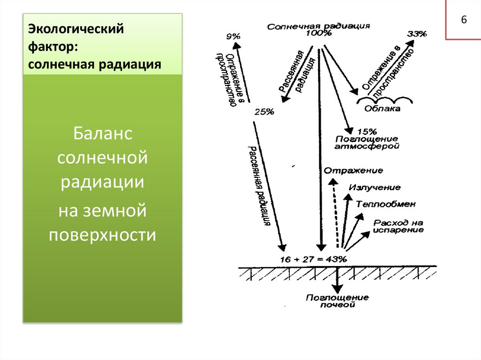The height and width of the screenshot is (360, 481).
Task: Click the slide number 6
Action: (x=464, y=20)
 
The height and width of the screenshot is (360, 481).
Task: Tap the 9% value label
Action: (x=233, y=37)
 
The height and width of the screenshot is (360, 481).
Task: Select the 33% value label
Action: (x=417, y=34)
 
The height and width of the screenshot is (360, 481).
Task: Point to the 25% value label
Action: (x=264, y=112)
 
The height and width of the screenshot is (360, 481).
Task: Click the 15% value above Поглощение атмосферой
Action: (x=367, y=132)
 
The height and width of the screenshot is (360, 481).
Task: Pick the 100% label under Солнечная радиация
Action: (x=319, y=33)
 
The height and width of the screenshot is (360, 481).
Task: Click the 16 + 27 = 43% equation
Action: (x=313, y=259)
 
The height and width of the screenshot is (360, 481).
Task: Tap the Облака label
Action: (x=382, y=108)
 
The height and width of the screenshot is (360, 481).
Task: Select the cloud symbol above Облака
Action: (x=385, y=99)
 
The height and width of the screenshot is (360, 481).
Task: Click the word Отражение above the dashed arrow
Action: (x=353, y=170)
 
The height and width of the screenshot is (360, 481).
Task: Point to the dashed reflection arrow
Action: (x=335, y=213)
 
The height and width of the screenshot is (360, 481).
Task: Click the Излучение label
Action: (x=374, y=187)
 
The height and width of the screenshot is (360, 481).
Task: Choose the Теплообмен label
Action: (x=386, y=204)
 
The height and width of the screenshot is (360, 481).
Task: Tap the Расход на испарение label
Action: (x=398, y=226)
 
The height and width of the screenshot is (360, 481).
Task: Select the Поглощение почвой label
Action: (x=337, y=301)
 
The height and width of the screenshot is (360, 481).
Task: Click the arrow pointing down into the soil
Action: (x=337, y=280)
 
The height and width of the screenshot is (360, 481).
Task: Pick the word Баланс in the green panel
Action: (x=102, y=133)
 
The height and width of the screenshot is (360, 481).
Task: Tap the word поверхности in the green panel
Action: (x=102, y=235)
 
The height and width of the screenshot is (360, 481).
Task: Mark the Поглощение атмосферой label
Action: (x=366, y=143)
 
